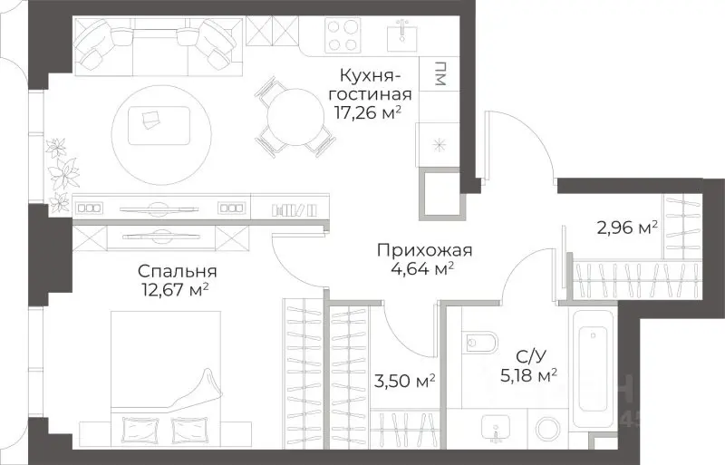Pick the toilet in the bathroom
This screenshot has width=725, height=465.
tap(481, 344)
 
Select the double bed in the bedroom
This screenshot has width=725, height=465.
tap(165, 376)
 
